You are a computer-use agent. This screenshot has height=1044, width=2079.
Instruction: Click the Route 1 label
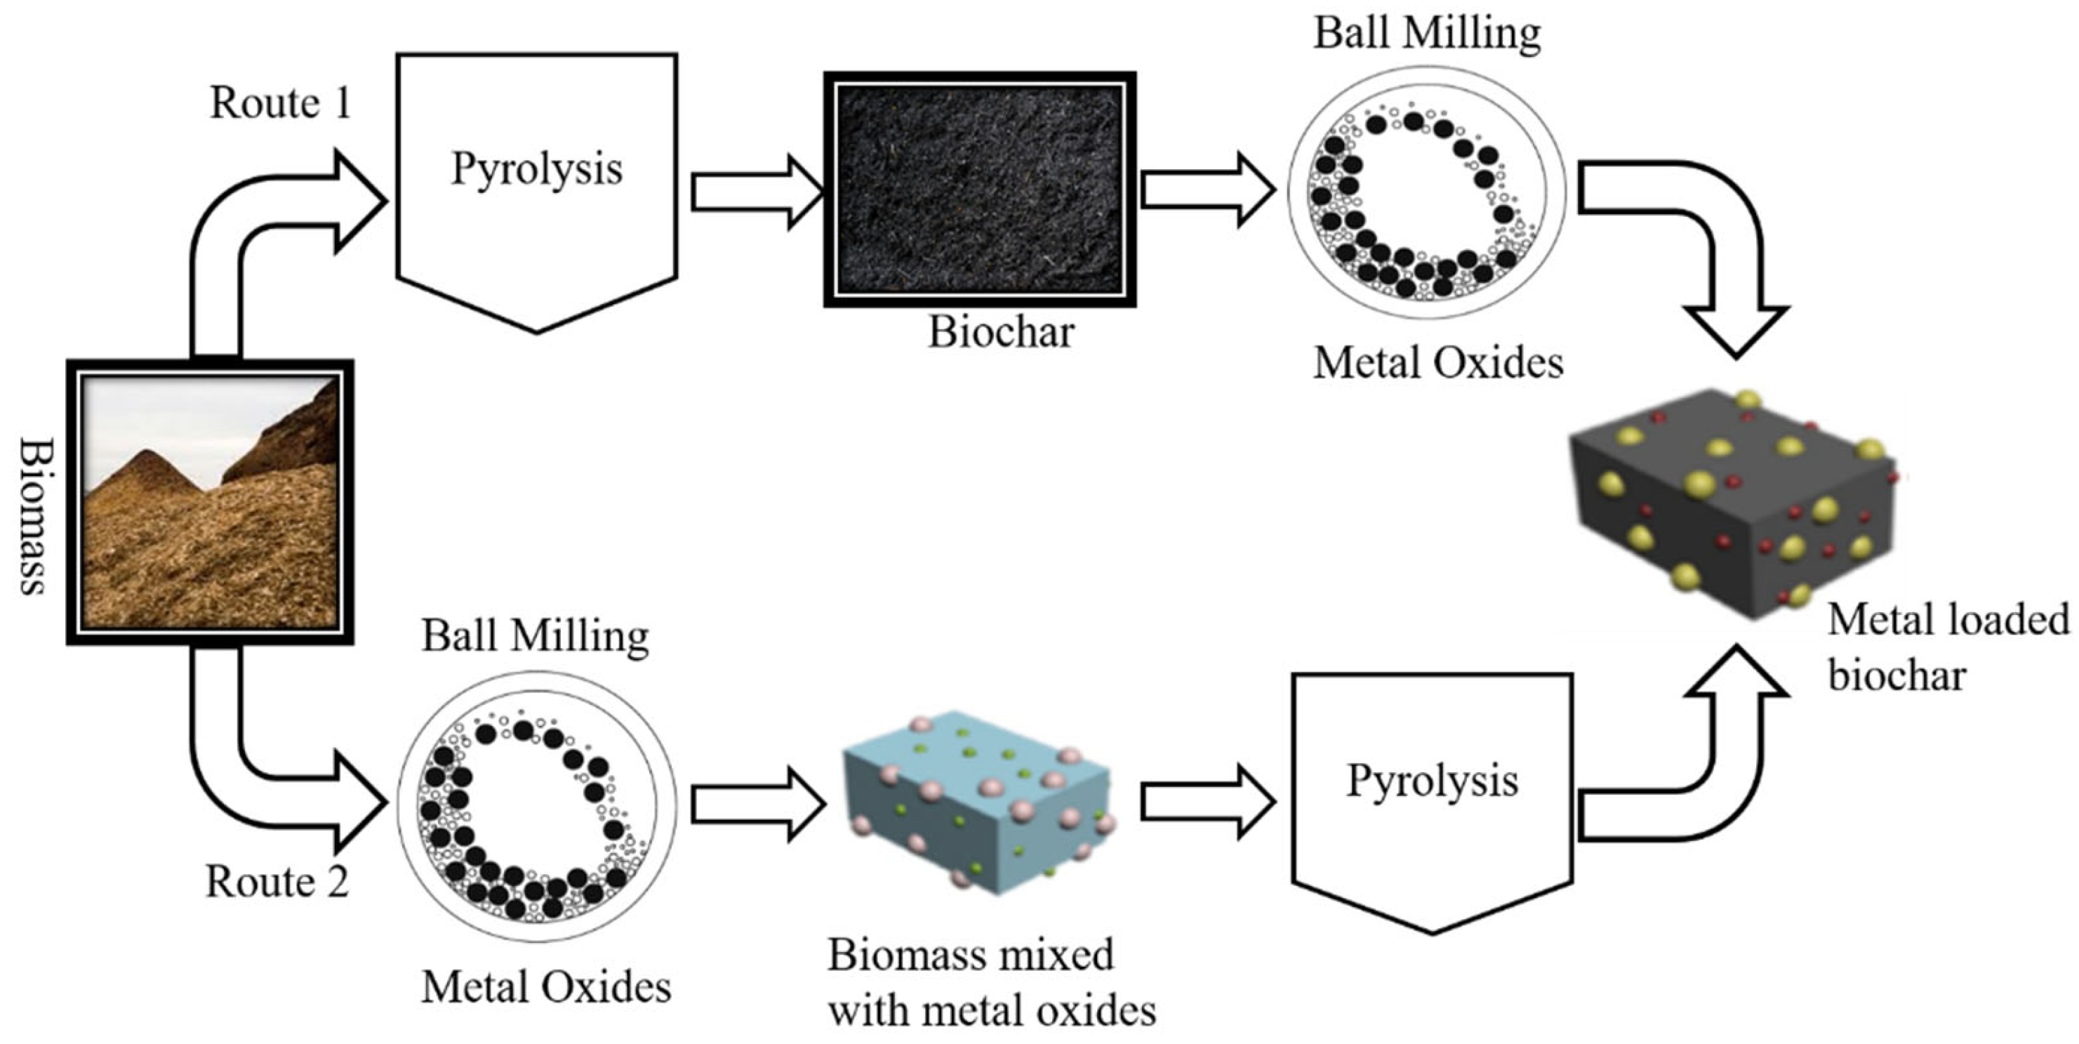pyautogui.click(x=280, y=103)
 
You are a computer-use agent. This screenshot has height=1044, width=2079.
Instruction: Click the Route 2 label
pyautogui.click(x=277, y=881)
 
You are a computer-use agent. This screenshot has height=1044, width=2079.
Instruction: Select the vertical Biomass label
pyautogui.click(x=32, y=516)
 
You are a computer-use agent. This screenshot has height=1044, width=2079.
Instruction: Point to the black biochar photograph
pyautogui.click(x=980, y=190)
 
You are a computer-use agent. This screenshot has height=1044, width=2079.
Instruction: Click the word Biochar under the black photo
pyautogui.click(x=1001, y=332)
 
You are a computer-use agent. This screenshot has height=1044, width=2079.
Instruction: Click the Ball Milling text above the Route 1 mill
pyautogui.click(x=1427, y=34)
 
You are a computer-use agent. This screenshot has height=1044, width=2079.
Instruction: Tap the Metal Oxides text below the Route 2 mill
pyautogui.click(x=546, y=986)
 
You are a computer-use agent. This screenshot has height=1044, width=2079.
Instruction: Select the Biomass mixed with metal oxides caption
pyautogui.click(x=991, y=983)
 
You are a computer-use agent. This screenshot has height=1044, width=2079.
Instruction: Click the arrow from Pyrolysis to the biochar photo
pyautogui.click(x=755, y=192)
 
